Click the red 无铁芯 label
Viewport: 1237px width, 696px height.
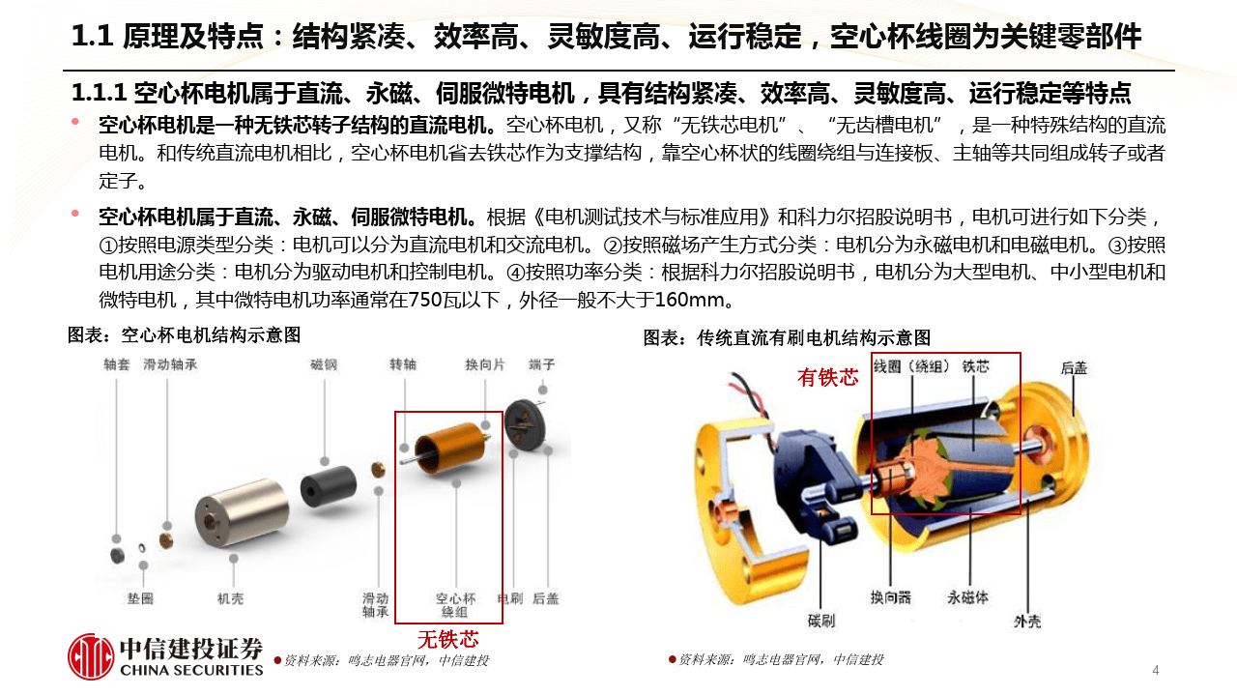point(447,639)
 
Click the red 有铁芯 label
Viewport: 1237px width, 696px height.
point(827,377)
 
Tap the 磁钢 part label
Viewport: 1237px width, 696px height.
point(323,365)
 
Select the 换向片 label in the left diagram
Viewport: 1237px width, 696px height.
point(484,365)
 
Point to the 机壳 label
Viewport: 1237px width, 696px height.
point(230,598)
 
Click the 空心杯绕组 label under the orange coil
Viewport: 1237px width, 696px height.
point(455,605)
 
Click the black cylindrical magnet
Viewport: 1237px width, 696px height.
point(322,488)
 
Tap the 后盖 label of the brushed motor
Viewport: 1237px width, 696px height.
point(1074,368)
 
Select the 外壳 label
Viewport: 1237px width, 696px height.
point(1027,623)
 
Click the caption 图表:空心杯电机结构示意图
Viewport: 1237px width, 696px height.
point(184,335)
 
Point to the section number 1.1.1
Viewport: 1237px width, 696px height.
point(100,94)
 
